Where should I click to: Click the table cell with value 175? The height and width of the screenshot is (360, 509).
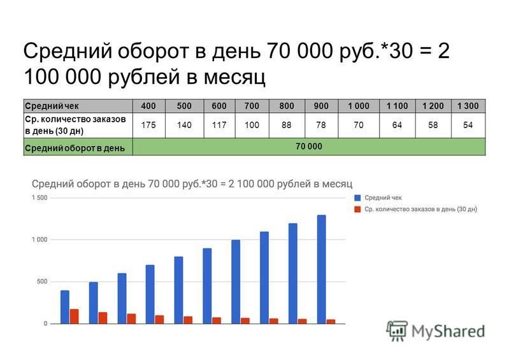point(148,125)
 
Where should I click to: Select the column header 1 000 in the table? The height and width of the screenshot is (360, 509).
point(359,106)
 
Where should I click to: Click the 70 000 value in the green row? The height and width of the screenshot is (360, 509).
point(309,147)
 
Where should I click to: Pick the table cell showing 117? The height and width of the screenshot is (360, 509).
point(219,125)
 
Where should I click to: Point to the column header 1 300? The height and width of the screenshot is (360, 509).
point(468,106)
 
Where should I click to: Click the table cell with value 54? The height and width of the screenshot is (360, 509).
point(468,125)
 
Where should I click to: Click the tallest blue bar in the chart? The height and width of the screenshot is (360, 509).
point(321,269)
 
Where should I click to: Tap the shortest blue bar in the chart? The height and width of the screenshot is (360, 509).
point(65,306)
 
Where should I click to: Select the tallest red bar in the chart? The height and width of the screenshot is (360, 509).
point(75,316)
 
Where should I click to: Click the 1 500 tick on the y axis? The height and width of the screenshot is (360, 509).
point(39,198)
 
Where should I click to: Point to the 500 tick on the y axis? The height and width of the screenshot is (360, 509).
point(42,282)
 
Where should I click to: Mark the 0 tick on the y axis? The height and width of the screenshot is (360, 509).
point(46,323)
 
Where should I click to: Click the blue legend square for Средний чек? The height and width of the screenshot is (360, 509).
point(358,198)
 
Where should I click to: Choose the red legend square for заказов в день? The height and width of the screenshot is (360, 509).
point(358,210)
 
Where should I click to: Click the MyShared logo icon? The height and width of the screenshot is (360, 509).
point(397,331)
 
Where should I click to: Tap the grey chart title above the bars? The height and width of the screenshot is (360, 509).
point(192,184)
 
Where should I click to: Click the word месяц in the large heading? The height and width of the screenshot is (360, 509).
point(234,77)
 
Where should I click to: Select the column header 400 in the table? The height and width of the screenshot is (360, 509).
point(148,106)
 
